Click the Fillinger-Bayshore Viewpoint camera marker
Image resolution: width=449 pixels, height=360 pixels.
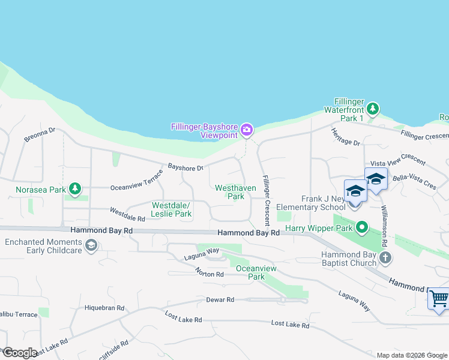coord(246,130)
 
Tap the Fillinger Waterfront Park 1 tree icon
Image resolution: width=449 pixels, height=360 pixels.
coord(373,108)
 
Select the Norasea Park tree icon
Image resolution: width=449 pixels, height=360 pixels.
coord(74,190)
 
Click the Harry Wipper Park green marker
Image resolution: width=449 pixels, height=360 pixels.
coord(361,228)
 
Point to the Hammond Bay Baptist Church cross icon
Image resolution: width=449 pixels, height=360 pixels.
coord(385,258)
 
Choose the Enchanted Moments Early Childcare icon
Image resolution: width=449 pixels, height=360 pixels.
coord(91,245)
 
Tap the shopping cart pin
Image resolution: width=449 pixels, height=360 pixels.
coord(439,298)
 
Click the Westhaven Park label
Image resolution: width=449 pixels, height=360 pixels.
coord(236,192)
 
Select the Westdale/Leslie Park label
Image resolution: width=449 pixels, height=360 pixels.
coord(172,209)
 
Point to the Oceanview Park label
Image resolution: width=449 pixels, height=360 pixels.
coord(250,272)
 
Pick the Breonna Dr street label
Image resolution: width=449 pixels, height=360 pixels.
coord(40,134)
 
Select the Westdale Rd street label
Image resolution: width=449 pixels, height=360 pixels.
coord(127,215)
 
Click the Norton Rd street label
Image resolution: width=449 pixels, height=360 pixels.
coord(209,274)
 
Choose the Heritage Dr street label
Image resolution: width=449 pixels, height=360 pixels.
coord(345,139)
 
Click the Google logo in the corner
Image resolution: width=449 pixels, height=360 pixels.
coord(19,353)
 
